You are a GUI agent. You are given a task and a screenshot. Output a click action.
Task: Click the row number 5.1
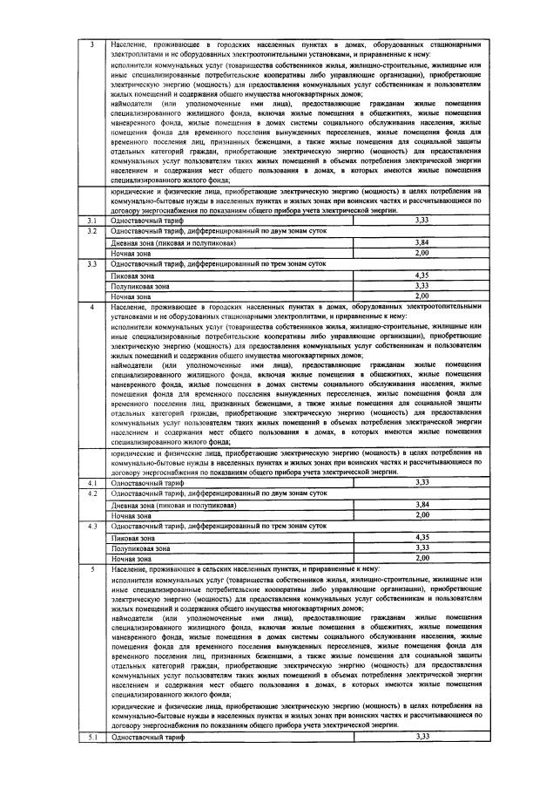(x=93, y=737)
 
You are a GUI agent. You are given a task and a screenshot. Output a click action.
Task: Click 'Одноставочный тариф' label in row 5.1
(x=148, y=737)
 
